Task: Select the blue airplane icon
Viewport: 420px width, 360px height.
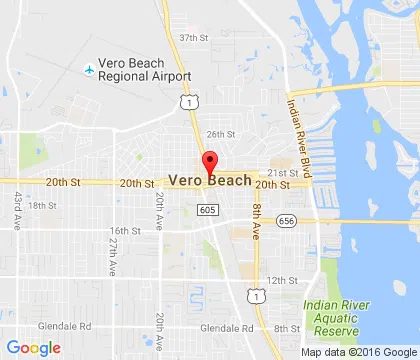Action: (x=90, y=70)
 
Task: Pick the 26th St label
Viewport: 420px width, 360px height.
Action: (x=220, y=134)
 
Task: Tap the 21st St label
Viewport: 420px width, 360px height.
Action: (x=284, y=172)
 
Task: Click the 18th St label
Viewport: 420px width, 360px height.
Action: (x=43, y=205)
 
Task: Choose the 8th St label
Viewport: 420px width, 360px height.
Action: (x=287, y=328)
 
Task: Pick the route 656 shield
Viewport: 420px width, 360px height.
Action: (x=287, y=220)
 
